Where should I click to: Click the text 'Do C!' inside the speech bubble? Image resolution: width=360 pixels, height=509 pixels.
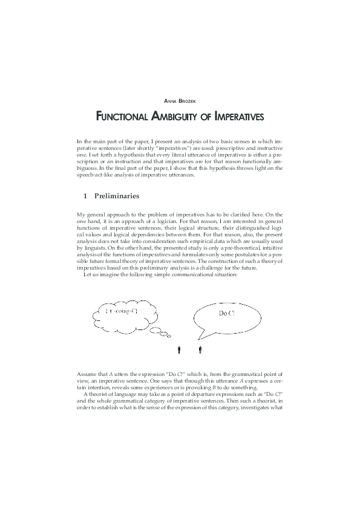click(227, 314)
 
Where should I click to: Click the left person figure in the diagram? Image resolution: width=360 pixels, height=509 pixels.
click(180, 349)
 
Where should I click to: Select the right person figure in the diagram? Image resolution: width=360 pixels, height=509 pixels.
click(200, 349)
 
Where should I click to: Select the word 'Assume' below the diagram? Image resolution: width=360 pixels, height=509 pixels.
click(87, 375)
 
